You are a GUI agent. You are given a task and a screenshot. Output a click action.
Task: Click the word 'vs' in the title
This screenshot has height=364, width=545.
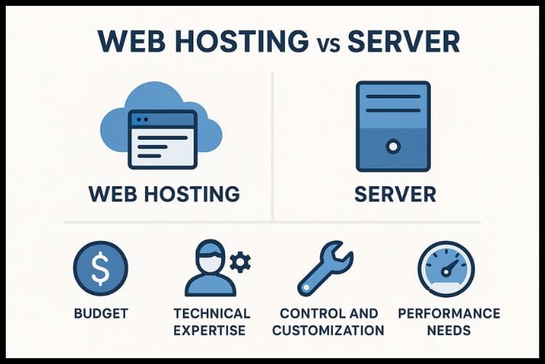tap(320, 43)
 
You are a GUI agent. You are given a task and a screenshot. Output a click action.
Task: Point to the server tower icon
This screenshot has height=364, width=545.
tap(392, 127)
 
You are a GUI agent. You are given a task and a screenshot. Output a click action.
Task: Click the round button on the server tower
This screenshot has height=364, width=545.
tap(392, 146)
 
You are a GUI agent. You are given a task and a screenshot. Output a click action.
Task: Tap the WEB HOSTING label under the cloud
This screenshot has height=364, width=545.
tap(163, 194)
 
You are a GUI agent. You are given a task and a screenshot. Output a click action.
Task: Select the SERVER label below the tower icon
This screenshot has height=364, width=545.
tap(392, 194)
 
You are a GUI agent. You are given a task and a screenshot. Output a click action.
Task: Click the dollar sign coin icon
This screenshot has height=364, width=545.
tap(100, 268)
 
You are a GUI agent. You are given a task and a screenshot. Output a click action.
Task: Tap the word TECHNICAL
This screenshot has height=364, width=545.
tap(211, 314)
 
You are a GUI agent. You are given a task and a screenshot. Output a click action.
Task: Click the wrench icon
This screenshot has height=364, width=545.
tap(325, 268)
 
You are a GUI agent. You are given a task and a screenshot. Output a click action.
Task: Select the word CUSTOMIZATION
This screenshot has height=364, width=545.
tap(331, 331)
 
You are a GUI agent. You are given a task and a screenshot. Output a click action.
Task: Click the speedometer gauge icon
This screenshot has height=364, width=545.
tap(446, 268)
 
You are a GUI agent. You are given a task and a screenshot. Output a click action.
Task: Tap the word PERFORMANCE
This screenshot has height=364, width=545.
tap(449, 314)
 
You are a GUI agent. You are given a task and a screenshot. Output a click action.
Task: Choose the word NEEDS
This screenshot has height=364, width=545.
tap(449, 331)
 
